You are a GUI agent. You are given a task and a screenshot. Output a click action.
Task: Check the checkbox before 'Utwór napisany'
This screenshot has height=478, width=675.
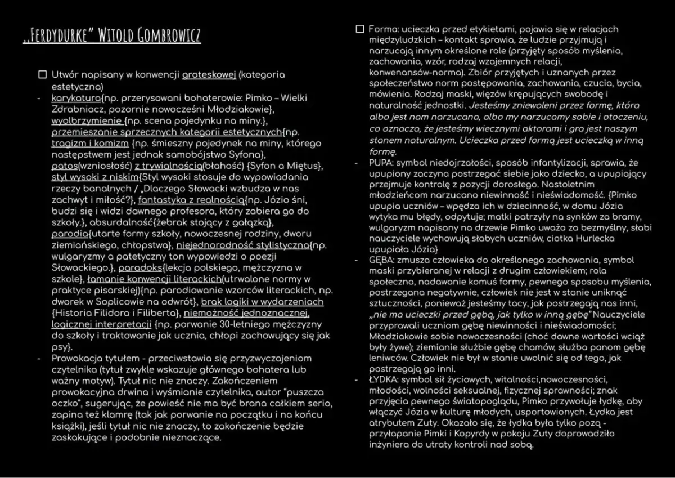tap(42, 74)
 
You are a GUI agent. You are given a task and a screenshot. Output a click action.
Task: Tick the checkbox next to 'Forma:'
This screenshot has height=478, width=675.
tap(360, 29)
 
